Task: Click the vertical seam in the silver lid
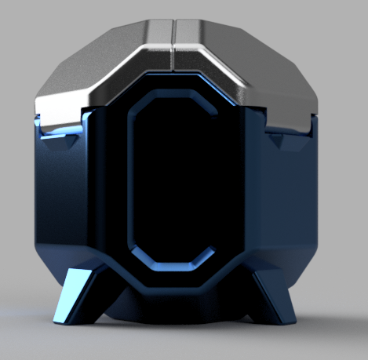point(173,47)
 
